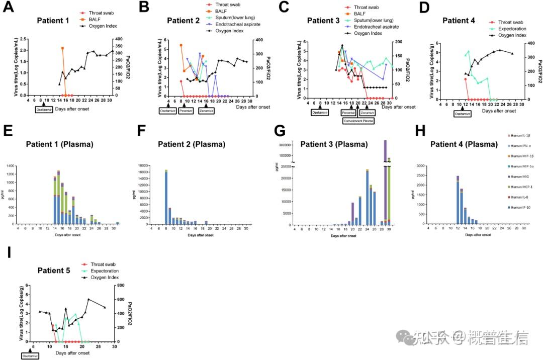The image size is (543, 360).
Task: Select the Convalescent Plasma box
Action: (x=358, y=121)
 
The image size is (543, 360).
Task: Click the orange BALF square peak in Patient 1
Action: (x=62, y=48)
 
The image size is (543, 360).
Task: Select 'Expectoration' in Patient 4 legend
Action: (x=512, y=29)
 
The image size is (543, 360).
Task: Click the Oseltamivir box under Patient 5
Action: (x=30, y=355)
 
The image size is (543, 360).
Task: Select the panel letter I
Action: (x=10, y=251)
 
